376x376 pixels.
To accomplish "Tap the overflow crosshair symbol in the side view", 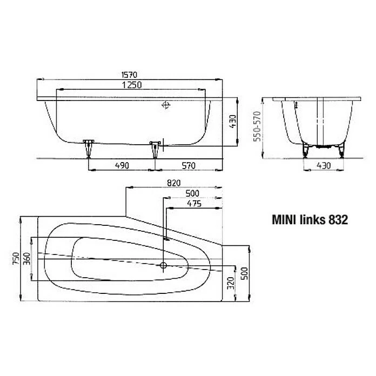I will coord(166,106).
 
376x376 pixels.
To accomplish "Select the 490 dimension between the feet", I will coord(121,165).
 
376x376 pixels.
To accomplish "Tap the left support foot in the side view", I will coord(89,148).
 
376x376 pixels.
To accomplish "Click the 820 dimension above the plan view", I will coord(174,183).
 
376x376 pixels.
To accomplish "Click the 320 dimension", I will coord(230,283).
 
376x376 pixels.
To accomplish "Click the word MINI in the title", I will coord(284,220).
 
